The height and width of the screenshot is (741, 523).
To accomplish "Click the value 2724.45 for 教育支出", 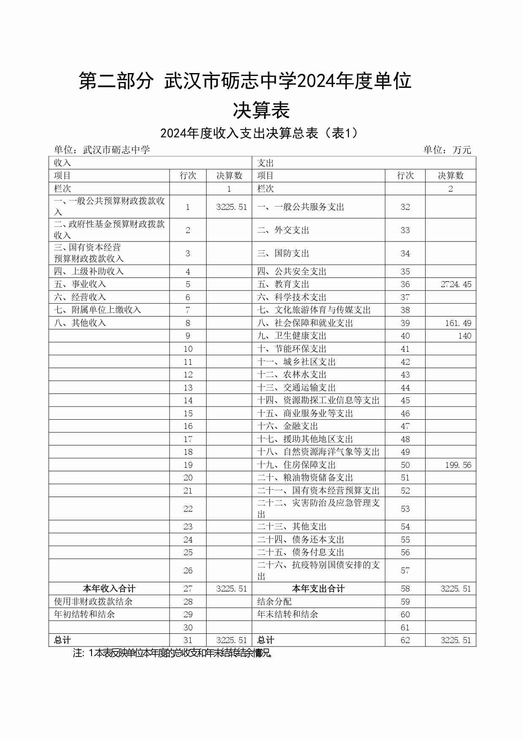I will tap(456, 285).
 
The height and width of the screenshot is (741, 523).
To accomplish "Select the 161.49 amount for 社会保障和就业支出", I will tap(458, 323).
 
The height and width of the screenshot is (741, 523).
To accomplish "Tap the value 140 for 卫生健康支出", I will tap(464, 336).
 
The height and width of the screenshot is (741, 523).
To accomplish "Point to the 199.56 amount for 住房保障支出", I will tap(458, 465).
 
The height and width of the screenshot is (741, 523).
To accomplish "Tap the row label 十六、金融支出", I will tap(288, 426).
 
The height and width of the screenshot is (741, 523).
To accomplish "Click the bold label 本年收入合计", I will tap(109, 589).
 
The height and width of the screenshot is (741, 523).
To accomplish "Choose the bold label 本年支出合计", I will tap(318, 589).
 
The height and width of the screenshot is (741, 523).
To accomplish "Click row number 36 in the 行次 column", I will tap(405, 285).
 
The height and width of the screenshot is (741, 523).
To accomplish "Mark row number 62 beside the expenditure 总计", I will tap(405, 640).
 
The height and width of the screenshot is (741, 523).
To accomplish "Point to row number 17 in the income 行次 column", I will tap(188, 439).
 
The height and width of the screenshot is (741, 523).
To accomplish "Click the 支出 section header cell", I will tap(266, 163).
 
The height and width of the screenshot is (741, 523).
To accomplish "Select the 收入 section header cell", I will tap(62, 163).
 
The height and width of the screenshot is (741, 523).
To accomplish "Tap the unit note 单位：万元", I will tap(447, 150).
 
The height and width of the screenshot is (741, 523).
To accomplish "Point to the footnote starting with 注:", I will tap(173, 653).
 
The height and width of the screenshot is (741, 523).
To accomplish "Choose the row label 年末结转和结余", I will tap(287, 614).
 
